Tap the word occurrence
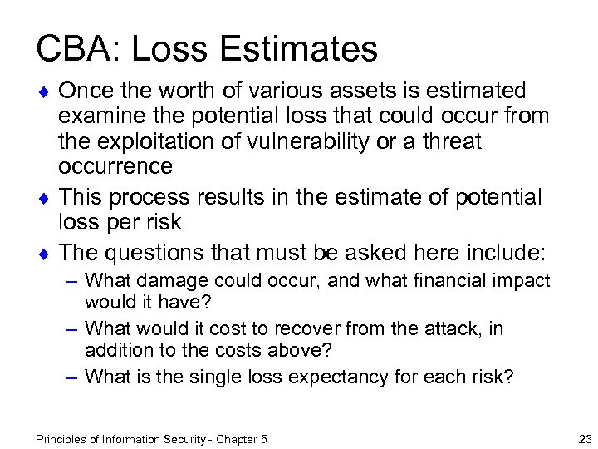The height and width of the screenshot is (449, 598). [x=115, y=167]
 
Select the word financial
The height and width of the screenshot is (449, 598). [x=451, y=280]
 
